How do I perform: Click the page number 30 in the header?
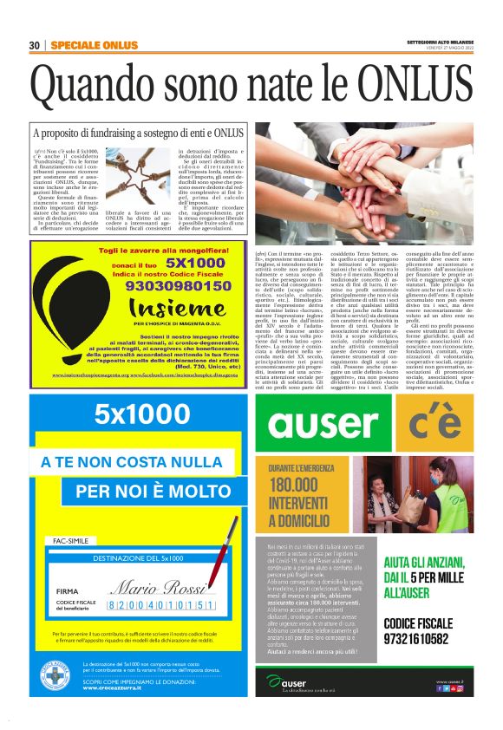[x=35, y=45]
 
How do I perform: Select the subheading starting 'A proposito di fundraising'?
[x=137, y=134]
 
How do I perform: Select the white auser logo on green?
[x=324, y=423]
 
